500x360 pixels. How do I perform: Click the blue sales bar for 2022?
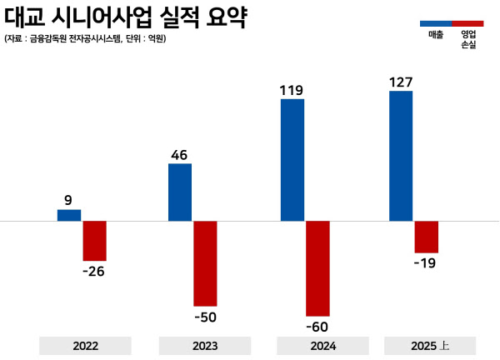[69, 215]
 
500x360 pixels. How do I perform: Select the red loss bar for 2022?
[94, 241]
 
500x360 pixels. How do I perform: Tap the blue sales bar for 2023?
[180, 192]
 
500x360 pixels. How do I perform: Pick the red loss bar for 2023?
[205, 263]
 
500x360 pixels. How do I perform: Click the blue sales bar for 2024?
[292, 160]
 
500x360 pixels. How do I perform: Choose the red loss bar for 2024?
[317, 267]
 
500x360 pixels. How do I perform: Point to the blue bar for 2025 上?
[401, 156]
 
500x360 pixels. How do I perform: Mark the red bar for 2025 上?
[426, 237]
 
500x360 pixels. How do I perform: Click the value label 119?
[292, 88]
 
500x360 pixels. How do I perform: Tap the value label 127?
[401, 81]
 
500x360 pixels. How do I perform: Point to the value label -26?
[94, 271]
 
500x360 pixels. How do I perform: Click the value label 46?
[180, 153]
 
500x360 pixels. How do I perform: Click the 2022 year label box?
[85, 346]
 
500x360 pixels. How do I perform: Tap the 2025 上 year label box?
[430, 346]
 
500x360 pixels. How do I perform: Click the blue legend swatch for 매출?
[435, 22]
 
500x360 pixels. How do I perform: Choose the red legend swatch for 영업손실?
[467, 22]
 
